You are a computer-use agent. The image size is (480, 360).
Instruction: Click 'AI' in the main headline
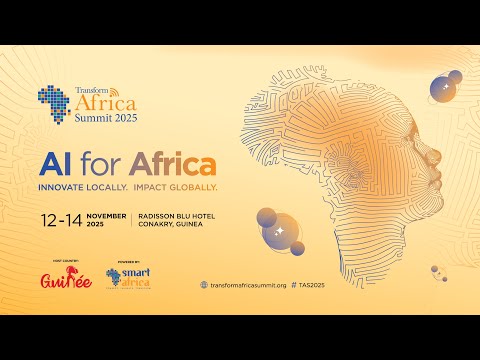click(x=58, y=161)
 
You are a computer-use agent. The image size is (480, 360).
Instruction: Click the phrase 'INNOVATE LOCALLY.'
click(x=77, y=187)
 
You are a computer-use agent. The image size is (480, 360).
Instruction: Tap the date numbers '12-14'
click(x=61, y=219)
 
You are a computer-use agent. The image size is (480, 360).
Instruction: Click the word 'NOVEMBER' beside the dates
click(x=106, y=215)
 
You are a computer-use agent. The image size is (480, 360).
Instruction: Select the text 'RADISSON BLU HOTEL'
click(x=176, y=215)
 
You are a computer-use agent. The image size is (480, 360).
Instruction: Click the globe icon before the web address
click(x=205, y=284)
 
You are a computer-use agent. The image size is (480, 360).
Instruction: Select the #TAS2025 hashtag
click(x=312, y=284)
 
